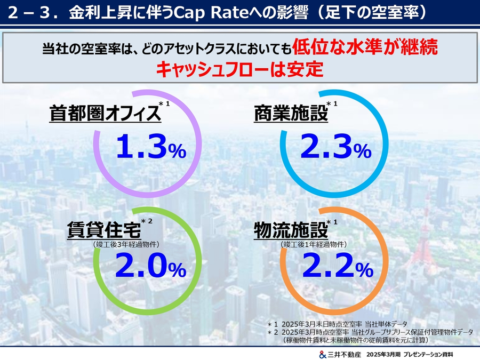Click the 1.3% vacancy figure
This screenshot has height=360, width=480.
click(151, 148)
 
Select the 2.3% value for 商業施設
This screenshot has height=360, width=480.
click(335, 148)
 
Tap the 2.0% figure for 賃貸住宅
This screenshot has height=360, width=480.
click(151, 266)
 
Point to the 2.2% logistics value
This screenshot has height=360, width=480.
click(335, 266)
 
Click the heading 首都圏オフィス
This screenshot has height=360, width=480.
click(105, 114)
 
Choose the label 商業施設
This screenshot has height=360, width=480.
click(291, 114)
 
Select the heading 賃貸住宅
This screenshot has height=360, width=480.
click(104, 230)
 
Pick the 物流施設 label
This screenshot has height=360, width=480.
click(291, 230)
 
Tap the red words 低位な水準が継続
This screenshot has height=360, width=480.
click(365, 49)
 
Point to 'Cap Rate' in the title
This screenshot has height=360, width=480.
click(235, 13)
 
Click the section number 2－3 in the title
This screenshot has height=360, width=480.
click(32, 13)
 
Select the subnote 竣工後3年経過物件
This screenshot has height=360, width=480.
click(126, 244)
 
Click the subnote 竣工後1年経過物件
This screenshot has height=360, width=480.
click(314, 244)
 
